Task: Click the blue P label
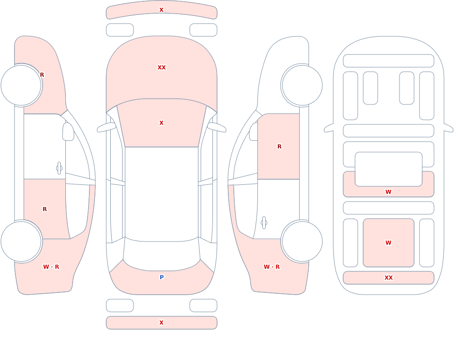tap(162, 277)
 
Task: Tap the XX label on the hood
tap(162, 68)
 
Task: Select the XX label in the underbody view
tap(389, 278)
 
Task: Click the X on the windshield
tap(162, 123)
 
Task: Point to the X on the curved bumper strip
tap(162, 10)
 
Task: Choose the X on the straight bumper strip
tap(162, 323)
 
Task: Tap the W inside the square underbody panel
tap(389, 243)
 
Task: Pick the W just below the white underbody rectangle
tap(389, 192)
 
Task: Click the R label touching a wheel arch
tap(42, 75)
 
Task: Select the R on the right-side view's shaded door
tap(279, 147)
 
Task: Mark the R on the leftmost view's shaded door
tap(44, 209)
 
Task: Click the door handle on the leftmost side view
tap(59, 168)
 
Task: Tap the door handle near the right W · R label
tap(264, 223)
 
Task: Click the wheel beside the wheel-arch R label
tap(21, 85)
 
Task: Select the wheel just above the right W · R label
tap(302, 242)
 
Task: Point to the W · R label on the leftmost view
tap(51, 267)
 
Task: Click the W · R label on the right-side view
tap(271, 267)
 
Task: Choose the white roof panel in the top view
tap(162, 194)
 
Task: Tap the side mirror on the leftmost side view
tap(69, 132)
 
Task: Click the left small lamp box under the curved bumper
tap(120, 30)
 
